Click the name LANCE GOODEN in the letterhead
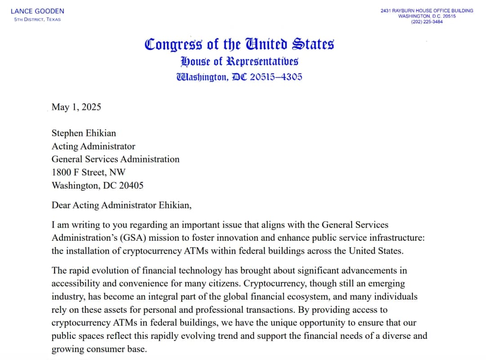click(37, 11)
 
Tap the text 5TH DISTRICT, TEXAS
click(37, 19)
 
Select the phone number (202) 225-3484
click(427, 22)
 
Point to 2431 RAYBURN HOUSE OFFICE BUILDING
click(427, 10)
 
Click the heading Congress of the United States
click(239, 45)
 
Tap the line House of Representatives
click(239, 61)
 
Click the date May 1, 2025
click(76, 107)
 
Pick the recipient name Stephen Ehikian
click(84, 133)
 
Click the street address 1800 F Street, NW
click(89, 172)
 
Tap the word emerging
click(382, 284)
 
